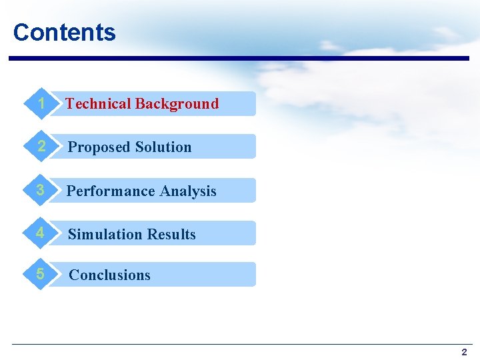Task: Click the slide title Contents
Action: pyautogui.click(x=64, y=32)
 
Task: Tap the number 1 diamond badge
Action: pyautogui.click(x=41, y=103)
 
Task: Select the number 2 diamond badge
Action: pyautogui.click(x=41, y=147)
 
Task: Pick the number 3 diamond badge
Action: pyautogui.click(x=41, y=190)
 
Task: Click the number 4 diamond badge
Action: pyautogui.click(x=41, y=233)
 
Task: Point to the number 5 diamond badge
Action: pyautogui.click(x=41, y=274)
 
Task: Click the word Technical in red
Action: pyautogui.click(x=98, y=103)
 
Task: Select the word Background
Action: pyautogui.click(x=177, y=103)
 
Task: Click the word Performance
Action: pyautogui.click(x=111, y=191)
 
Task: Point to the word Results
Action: pyautogui.click(x=171, y=235)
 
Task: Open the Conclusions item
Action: pyautogui.click(x=110, y=275)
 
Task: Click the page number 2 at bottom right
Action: pyautogui.click(x=464, y=352)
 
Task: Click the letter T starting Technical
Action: pyautogui.click(x=69, y=103)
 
